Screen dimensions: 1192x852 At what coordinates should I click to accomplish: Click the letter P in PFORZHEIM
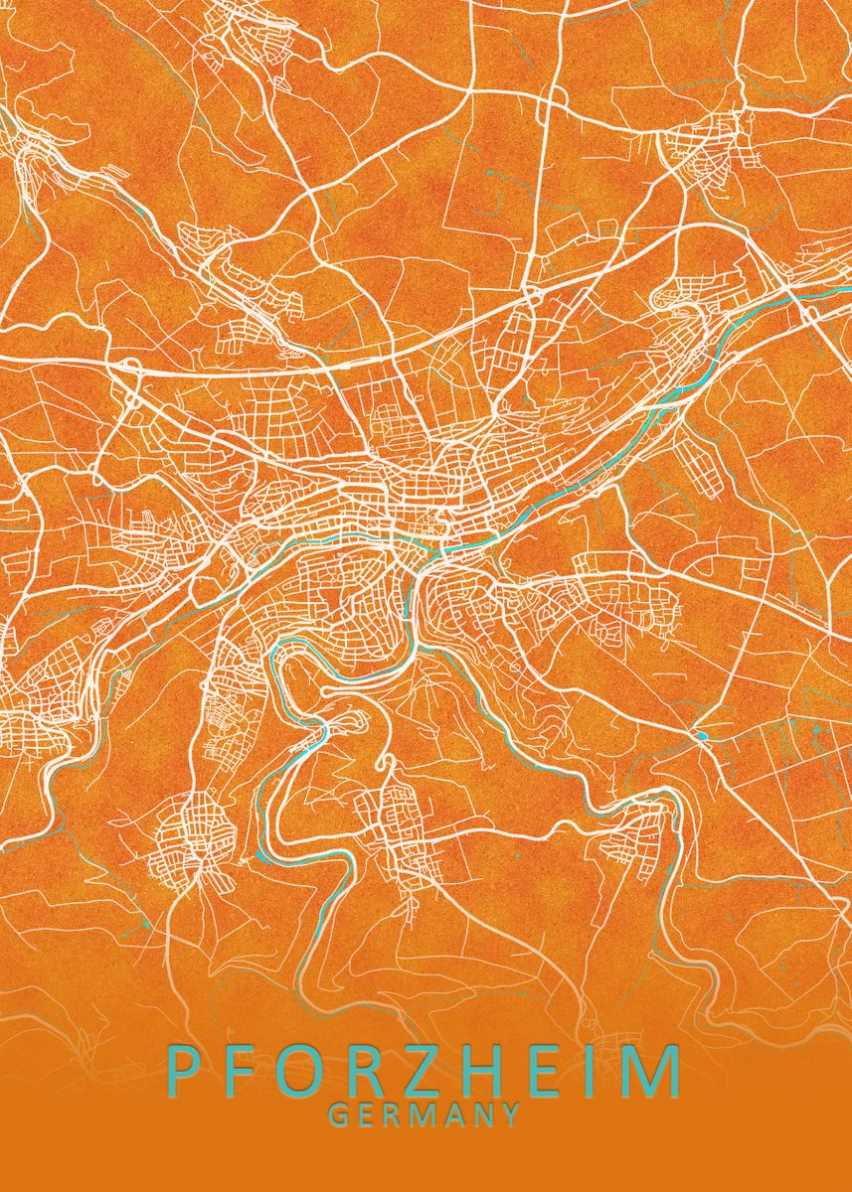coord(185,1072)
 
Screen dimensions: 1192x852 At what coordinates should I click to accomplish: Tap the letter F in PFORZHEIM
coord(246,1072)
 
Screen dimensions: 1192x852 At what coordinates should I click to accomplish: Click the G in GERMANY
coord(338,1116)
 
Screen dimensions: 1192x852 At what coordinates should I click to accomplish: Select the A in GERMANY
coord(455,1116)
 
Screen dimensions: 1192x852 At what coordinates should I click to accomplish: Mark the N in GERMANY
coord(483,1116)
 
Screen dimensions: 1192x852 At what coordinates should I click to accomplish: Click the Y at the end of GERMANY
coord(511,1116)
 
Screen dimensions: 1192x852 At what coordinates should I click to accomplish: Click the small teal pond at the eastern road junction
coord(703,735)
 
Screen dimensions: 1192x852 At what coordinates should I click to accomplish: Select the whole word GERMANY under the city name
coord(425,1116)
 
